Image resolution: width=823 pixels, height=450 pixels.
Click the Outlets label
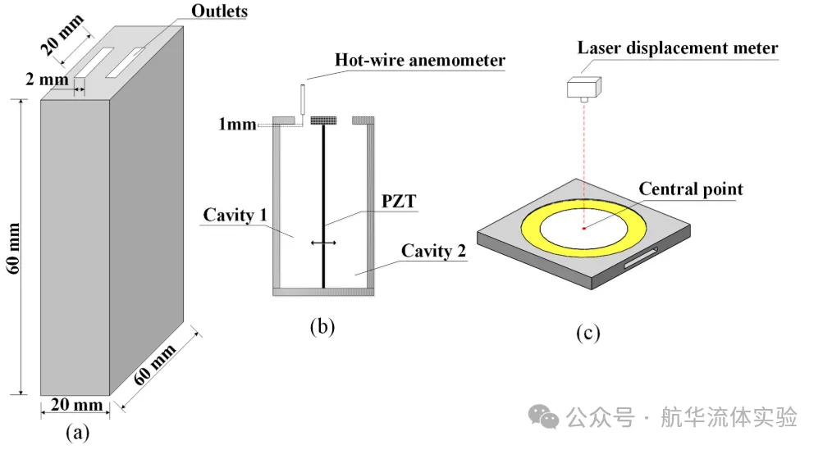pyautogui.click(x=219, y=11)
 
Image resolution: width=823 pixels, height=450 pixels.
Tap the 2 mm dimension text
pyautogui.click(x=47, y=80)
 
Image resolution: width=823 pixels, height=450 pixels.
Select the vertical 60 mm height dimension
pyautogui.click(x=14, y=248)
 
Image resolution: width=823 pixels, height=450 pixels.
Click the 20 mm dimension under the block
pyautogui.click(x=76, y=404)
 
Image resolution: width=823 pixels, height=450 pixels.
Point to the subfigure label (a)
pyautogui.click(x=77, y=433)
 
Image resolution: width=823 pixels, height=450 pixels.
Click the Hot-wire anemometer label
pyautogui.click(x=420, y=60)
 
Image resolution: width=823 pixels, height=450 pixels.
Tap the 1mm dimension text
pyautogui.click(x=237, y=125)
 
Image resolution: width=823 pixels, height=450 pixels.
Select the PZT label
pyautogui.click(x=399, y=202)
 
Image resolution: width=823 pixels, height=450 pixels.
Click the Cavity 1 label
pyautogui.click(x=235, y=215)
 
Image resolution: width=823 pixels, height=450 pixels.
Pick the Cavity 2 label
pyautogui.click(x=433, y=251)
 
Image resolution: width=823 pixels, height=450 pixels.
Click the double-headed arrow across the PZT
pyautogui.click(x=323, y=243)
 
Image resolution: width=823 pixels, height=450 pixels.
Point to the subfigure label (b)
pyautogui.click(x=322, y=326)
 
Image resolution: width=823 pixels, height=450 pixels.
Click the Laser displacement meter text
pyautogui.click(x=678, y=48)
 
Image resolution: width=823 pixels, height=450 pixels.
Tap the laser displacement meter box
pyautogui.click(x=584, y=88)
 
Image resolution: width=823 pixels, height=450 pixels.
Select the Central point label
pyautogui.click(x=691, y=189)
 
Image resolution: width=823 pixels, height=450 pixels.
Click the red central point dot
pyautogui.click(x=583, y=228)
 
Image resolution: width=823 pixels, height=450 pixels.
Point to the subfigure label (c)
pyautogui.click(x=588, y=333)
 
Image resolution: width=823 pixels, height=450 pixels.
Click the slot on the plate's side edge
pyautogui.click(x=641, y=258)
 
